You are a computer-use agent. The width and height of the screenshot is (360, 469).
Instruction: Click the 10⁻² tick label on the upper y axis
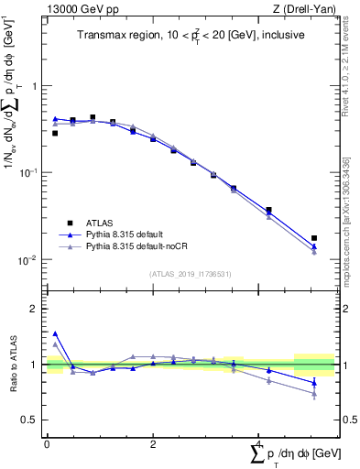[x=27, y=259]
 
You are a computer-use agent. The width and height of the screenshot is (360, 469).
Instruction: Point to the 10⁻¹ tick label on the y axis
[x=27, y=172]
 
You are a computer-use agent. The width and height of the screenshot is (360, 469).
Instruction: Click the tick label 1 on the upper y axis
[x=35, y=86]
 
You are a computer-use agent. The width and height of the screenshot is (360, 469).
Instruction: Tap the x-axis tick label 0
[x=47, y=443]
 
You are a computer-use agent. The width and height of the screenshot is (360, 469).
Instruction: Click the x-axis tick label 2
[x=152, y=443]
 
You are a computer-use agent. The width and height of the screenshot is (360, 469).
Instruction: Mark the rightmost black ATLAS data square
[x=314, y=238]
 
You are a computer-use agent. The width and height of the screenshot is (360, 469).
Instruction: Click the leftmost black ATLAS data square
[x=55, y=133]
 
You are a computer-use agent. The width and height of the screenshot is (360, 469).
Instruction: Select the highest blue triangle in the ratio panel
[x=55, y=334]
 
